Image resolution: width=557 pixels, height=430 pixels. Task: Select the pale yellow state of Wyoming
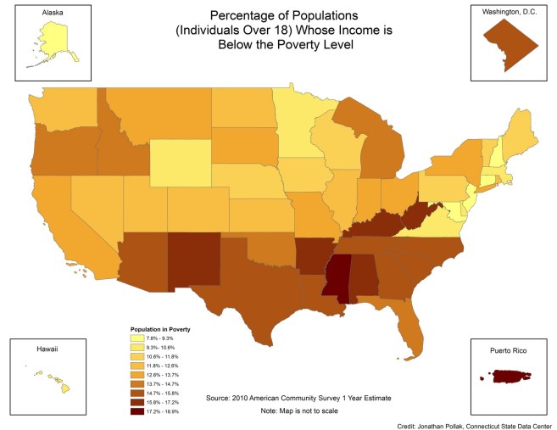pyautogui.click(x=180, y=161)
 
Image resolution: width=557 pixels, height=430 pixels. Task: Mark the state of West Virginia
pyautogui.click(x=420, y=215)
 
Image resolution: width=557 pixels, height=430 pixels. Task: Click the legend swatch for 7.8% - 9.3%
pyautogui.click(x=138, y=338)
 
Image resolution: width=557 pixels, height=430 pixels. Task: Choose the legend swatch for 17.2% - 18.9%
pyautogui.click(x=138, y=412)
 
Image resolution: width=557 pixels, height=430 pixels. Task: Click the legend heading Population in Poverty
pyautogui.click(x=160, y=327)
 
